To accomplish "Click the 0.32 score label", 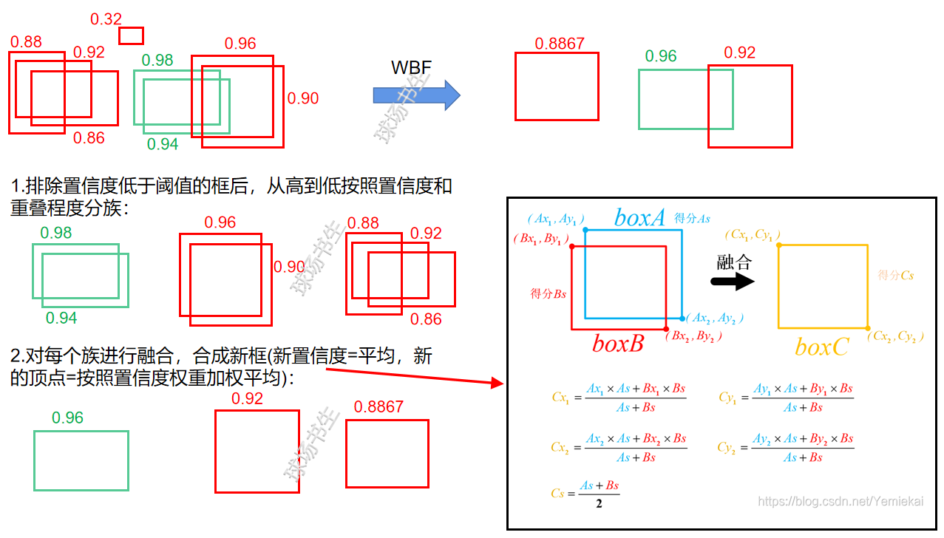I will coord(106,19).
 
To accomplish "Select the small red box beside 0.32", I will coord(131,35).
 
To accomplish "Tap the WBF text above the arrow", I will coord(411,68).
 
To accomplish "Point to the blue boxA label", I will coord(640,217).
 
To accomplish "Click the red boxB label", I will coord(618,344).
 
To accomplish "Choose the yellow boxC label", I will coord(821,347).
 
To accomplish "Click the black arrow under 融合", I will coord(732,282).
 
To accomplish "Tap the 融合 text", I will coord(734,262).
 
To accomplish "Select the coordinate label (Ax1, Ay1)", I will coord(556,219).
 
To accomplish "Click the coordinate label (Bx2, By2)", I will coord(693,336).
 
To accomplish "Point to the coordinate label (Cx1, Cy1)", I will coord(753,235).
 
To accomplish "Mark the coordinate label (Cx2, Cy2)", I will coord(897,337).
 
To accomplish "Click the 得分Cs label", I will coord(896,275).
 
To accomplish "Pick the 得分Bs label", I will coord(548,293).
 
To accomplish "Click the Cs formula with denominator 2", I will coord(585,494).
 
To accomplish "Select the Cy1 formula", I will coord(786,398).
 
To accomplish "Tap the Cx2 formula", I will coord(619,448).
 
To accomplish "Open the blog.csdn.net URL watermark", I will coord(841,502).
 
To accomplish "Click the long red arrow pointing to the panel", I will coord(414,375).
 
